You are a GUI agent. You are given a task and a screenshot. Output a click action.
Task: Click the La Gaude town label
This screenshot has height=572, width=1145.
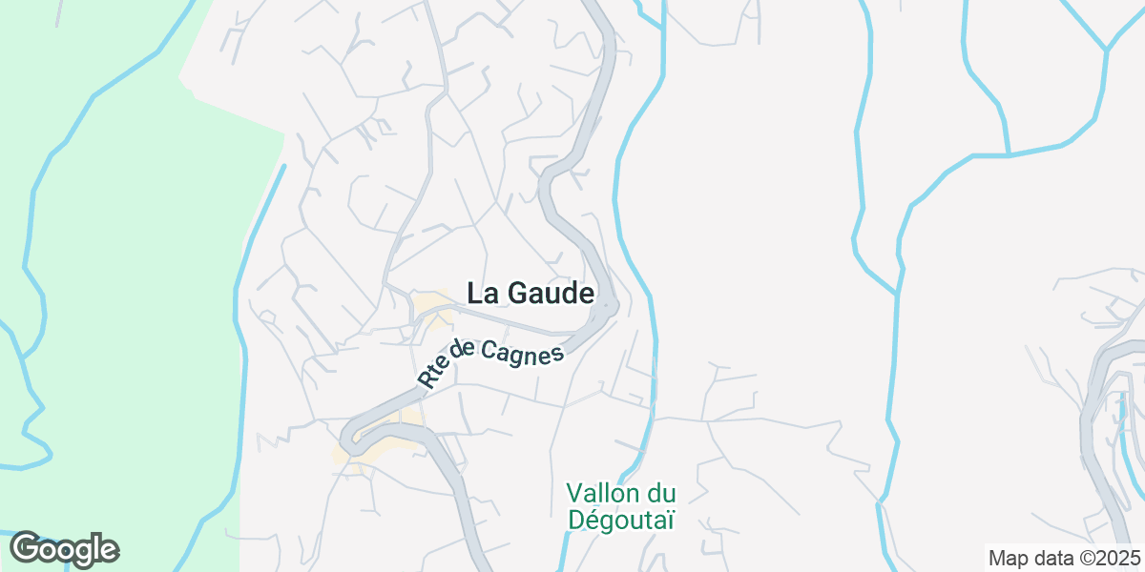point(531,293)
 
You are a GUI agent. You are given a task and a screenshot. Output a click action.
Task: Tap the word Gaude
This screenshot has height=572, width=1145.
point(550,293)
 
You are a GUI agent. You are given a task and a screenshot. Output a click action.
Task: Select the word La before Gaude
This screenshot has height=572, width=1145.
point(480,293)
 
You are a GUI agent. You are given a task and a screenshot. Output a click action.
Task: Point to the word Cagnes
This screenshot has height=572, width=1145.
point(522,354)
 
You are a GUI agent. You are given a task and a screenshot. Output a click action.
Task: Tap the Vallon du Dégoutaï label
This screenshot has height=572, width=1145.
point(621,506)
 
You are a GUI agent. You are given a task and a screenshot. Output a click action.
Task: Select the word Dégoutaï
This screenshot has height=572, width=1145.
point(621,520)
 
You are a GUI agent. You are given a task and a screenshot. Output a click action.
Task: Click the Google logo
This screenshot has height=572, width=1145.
point(64,549)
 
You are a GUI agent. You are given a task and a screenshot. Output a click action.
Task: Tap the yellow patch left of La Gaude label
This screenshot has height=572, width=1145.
point(431,307)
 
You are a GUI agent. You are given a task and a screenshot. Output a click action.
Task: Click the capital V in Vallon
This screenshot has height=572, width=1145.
point(573,494)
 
